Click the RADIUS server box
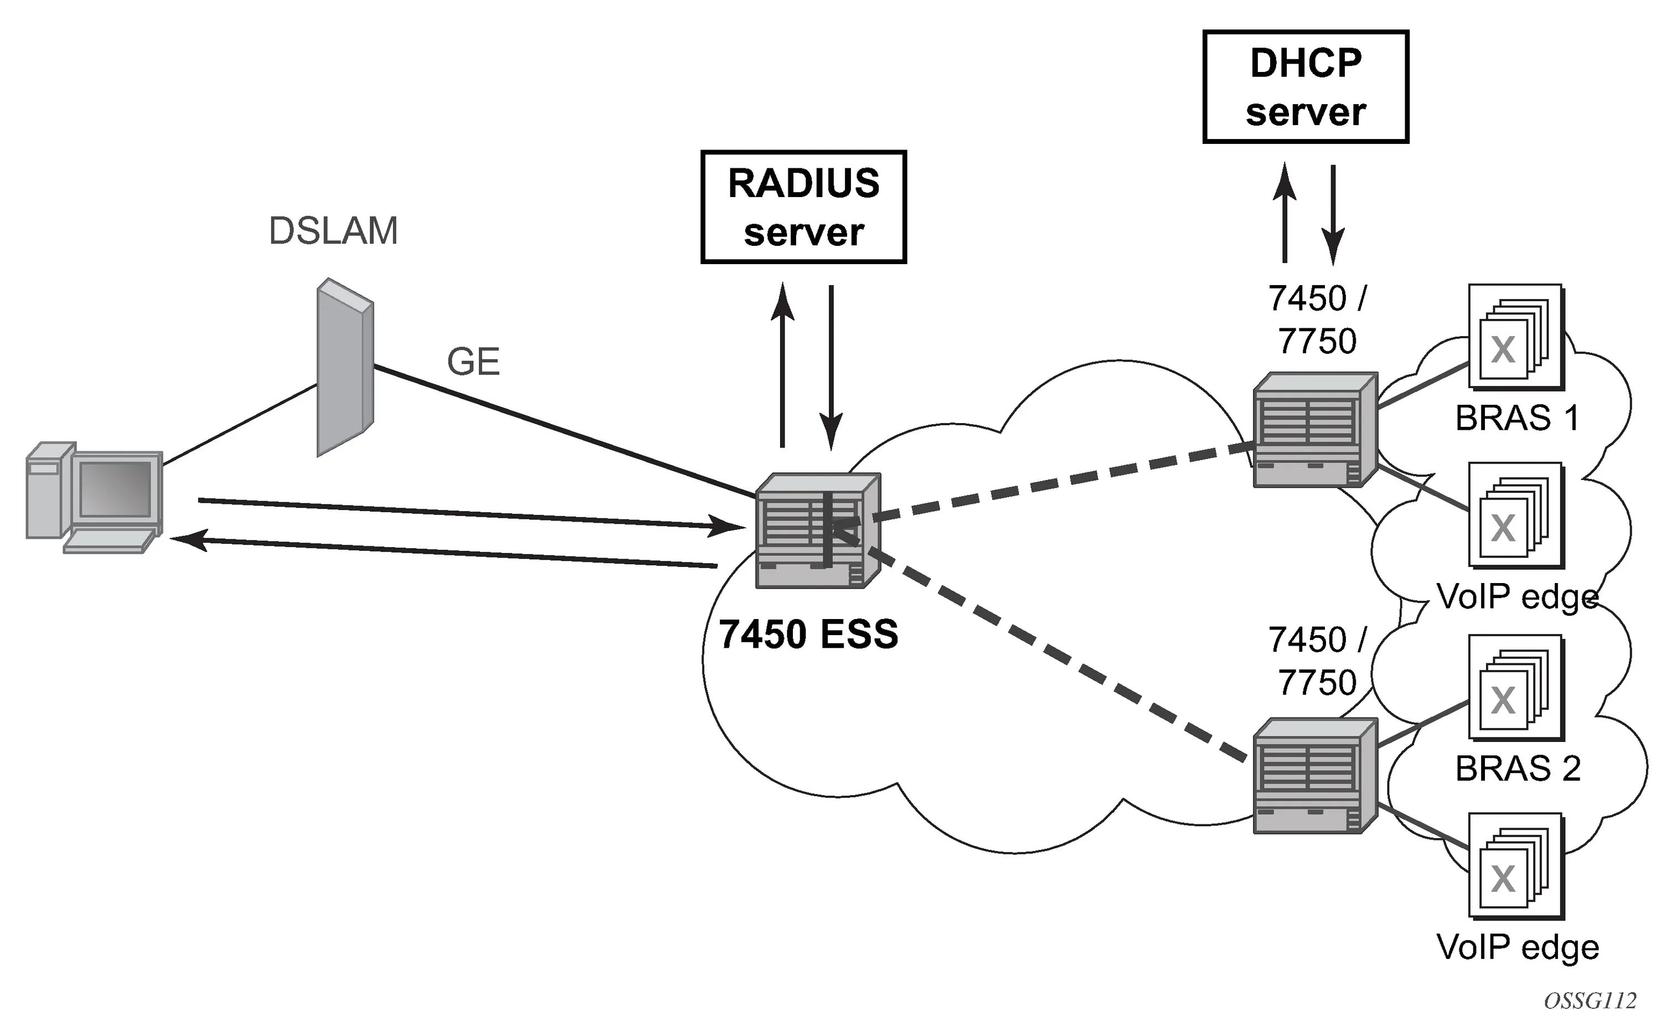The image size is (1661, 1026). pos(803,207)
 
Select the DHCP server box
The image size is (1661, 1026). pos(1306,87)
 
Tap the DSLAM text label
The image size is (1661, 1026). pos(333,231)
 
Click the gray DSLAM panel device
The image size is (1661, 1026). pos(345,367)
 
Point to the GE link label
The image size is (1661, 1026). pos(473,362)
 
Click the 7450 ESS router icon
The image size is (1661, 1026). pos(818,530)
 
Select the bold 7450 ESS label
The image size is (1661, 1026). pos(809,635)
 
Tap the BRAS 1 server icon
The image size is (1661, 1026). pos(1516,337)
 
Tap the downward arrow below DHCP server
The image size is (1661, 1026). pos(1333,214)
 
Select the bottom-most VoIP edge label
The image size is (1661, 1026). pos(1518,947)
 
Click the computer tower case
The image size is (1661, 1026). pos(49,490)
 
